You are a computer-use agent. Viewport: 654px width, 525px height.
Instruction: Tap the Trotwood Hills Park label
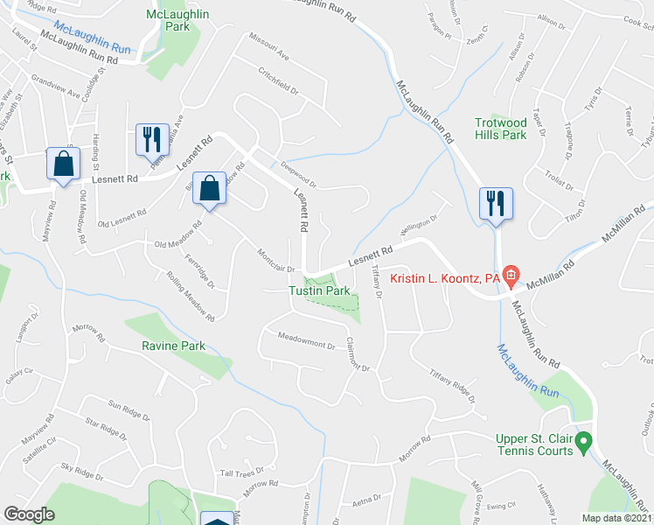click(501, 129)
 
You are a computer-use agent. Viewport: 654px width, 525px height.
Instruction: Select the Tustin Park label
click(320, 290)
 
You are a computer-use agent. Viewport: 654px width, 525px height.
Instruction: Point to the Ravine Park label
click(173, 346)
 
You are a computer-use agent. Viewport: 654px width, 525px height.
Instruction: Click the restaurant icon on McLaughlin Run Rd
click(496, 204)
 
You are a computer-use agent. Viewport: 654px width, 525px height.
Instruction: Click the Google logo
click(29, 514)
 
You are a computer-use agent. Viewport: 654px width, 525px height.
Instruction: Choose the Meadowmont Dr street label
click(306, 339)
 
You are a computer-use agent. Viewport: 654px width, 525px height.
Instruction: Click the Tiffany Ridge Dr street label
click(453, 386)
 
